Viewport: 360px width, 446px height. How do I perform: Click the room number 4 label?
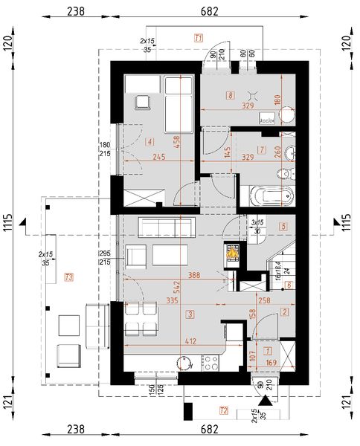tap(150, 141)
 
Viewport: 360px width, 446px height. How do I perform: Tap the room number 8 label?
tap(231, 95)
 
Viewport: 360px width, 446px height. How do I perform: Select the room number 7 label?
tap(261, 149)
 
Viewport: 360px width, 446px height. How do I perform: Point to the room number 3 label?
tap(190, 315)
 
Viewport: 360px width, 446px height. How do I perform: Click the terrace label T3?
tap(69, 277)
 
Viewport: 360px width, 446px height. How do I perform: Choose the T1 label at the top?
tap(198, 36)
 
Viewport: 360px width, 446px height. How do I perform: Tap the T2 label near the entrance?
tap(223, 410)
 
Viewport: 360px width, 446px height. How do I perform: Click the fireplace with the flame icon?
tap(234, 253)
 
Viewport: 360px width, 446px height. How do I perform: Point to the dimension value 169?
tap(272, 363)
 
